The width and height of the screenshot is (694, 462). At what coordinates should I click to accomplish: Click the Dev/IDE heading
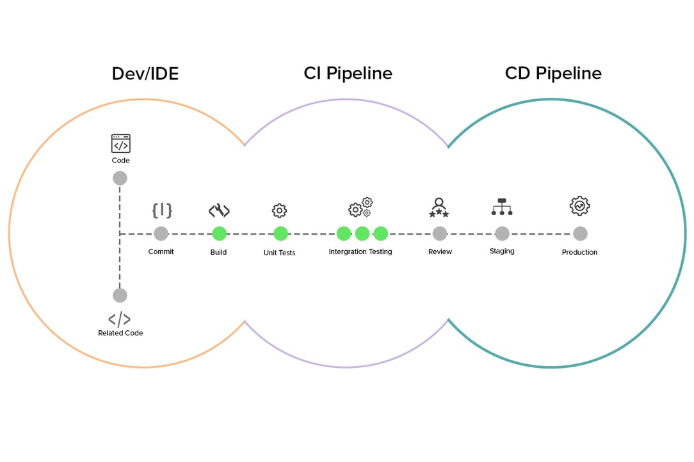145,74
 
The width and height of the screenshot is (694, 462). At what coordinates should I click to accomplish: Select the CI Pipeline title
348,74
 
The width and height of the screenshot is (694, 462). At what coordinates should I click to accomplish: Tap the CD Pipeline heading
553,74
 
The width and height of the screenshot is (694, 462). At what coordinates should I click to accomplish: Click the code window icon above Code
120,143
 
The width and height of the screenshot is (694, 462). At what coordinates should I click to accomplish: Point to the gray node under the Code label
120,178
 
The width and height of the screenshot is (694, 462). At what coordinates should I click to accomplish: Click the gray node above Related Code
120,295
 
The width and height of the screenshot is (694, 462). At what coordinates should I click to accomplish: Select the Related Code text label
120,333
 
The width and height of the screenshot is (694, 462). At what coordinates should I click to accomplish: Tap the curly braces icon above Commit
161,210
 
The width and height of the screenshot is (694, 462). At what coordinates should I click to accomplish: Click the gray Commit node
161,234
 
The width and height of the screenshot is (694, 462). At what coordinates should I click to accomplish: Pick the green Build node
219,234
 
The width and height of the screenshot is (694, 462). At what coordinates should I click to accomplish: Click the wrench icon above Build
219,211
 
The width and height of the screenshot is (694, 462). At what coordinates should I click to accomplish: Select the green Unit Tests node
280,234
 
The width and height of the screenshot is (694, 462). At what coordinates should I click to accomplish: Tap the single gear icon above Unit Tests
279,211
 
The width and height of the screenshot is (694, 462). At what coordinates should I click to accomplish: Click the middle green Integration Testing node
362,234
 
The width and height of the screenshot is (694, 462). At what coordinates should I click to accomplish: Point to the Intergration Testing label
360,251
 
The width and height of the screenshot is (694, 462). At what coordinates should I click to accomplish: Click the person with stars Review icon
439,207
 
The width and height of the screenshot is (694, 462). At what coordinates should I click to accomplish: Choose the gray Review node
439,234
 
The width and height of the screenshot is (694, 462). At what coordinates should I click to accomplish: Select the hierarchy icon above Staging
502,207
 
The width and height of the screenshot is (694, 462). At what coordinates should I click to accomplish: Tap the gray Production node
579,234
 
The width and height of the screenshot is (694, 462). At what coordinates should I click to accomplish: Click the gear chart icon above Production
579,206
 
